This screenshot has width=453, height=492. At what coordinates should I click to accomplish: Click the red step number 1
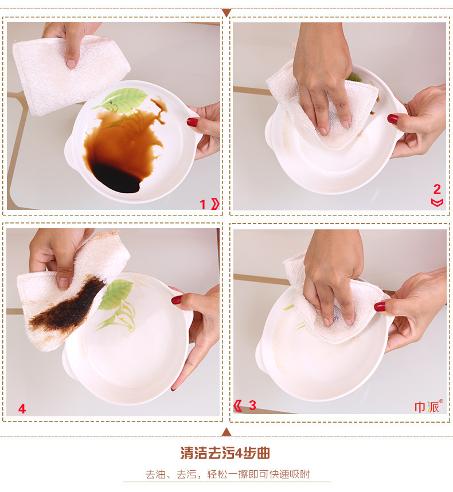[202, 205]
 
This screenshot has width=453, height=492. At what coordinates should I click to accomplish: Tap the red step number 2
[437, 189]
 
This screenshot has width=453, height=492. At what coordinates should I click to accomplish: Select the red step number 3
[252, 405]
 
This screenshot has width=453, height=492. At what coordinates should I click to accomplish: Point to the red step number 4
[22, 409]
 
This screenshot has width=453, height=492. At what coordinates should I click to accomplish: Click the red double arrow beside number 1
[215, 204]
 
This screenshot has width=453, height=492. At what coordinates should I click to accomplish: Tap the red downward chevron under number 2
[437, 202]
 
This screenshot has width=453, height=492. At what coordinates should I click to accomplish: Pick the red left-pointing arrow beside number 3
[238, 405]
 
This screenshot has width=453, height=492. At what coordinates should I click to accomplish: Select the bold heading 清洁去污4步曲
[225, 453]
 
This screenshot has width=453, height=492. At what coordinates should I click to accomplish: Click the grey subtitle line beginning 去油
[228, 474]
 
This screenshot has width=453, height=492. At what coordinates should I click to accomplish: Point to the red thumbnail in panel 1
[192, 122]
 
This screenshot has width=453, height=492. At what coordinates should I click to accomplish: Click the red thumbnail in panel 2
[393, 119]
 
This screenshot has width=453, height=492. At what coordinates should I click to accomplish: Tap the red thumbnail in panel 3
[380, 306]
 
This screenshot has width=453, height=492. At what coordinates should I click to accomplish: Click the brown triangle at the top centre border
[226, 13]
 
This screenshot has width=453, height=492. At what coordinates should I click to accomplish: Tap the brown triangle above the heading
[226, 432]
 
